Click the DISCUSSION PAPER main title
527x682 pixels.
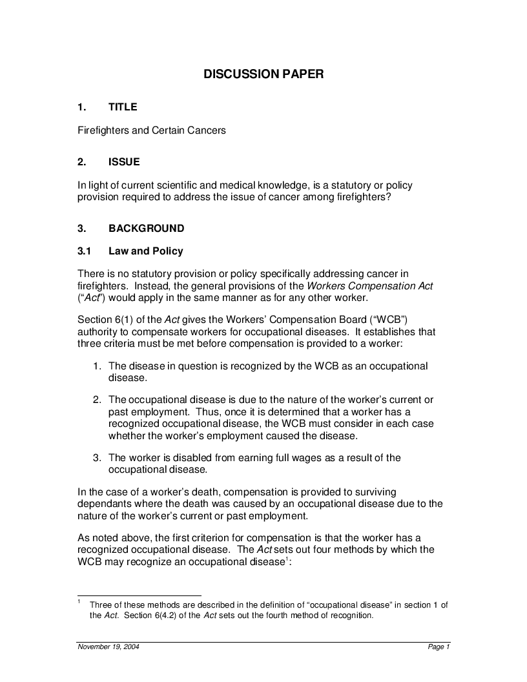pos(263,74)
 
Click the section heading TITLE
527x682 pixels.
pos(123,107)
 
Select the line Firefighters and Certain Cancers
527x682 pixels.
pos(152,130)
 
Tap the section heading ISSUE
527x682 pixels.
pos(124,162)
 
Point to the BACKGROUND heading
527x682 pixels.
pos(146,229)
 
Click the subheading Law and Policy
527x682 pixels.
pos(146,251)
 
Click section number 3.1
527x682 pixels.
pos(85,251)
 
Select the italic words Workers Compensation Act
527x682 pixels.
pos(369,286)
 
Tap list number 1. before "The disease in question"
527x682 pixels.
pos(96,366)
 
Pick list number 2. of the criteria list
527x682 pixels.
pos(96,400)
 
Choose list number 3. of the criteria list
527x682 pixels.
pos(96,458)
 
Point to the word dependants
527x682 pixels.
pos(106,504)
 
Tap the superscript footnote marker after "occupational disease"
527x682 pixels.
pos(286,559)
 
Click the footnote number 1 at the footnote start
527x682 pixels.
pos(79,602)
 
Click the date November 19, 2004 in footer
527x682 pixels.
pos(108,647)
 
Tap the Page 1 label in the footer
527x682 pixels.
pos(439,647)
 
